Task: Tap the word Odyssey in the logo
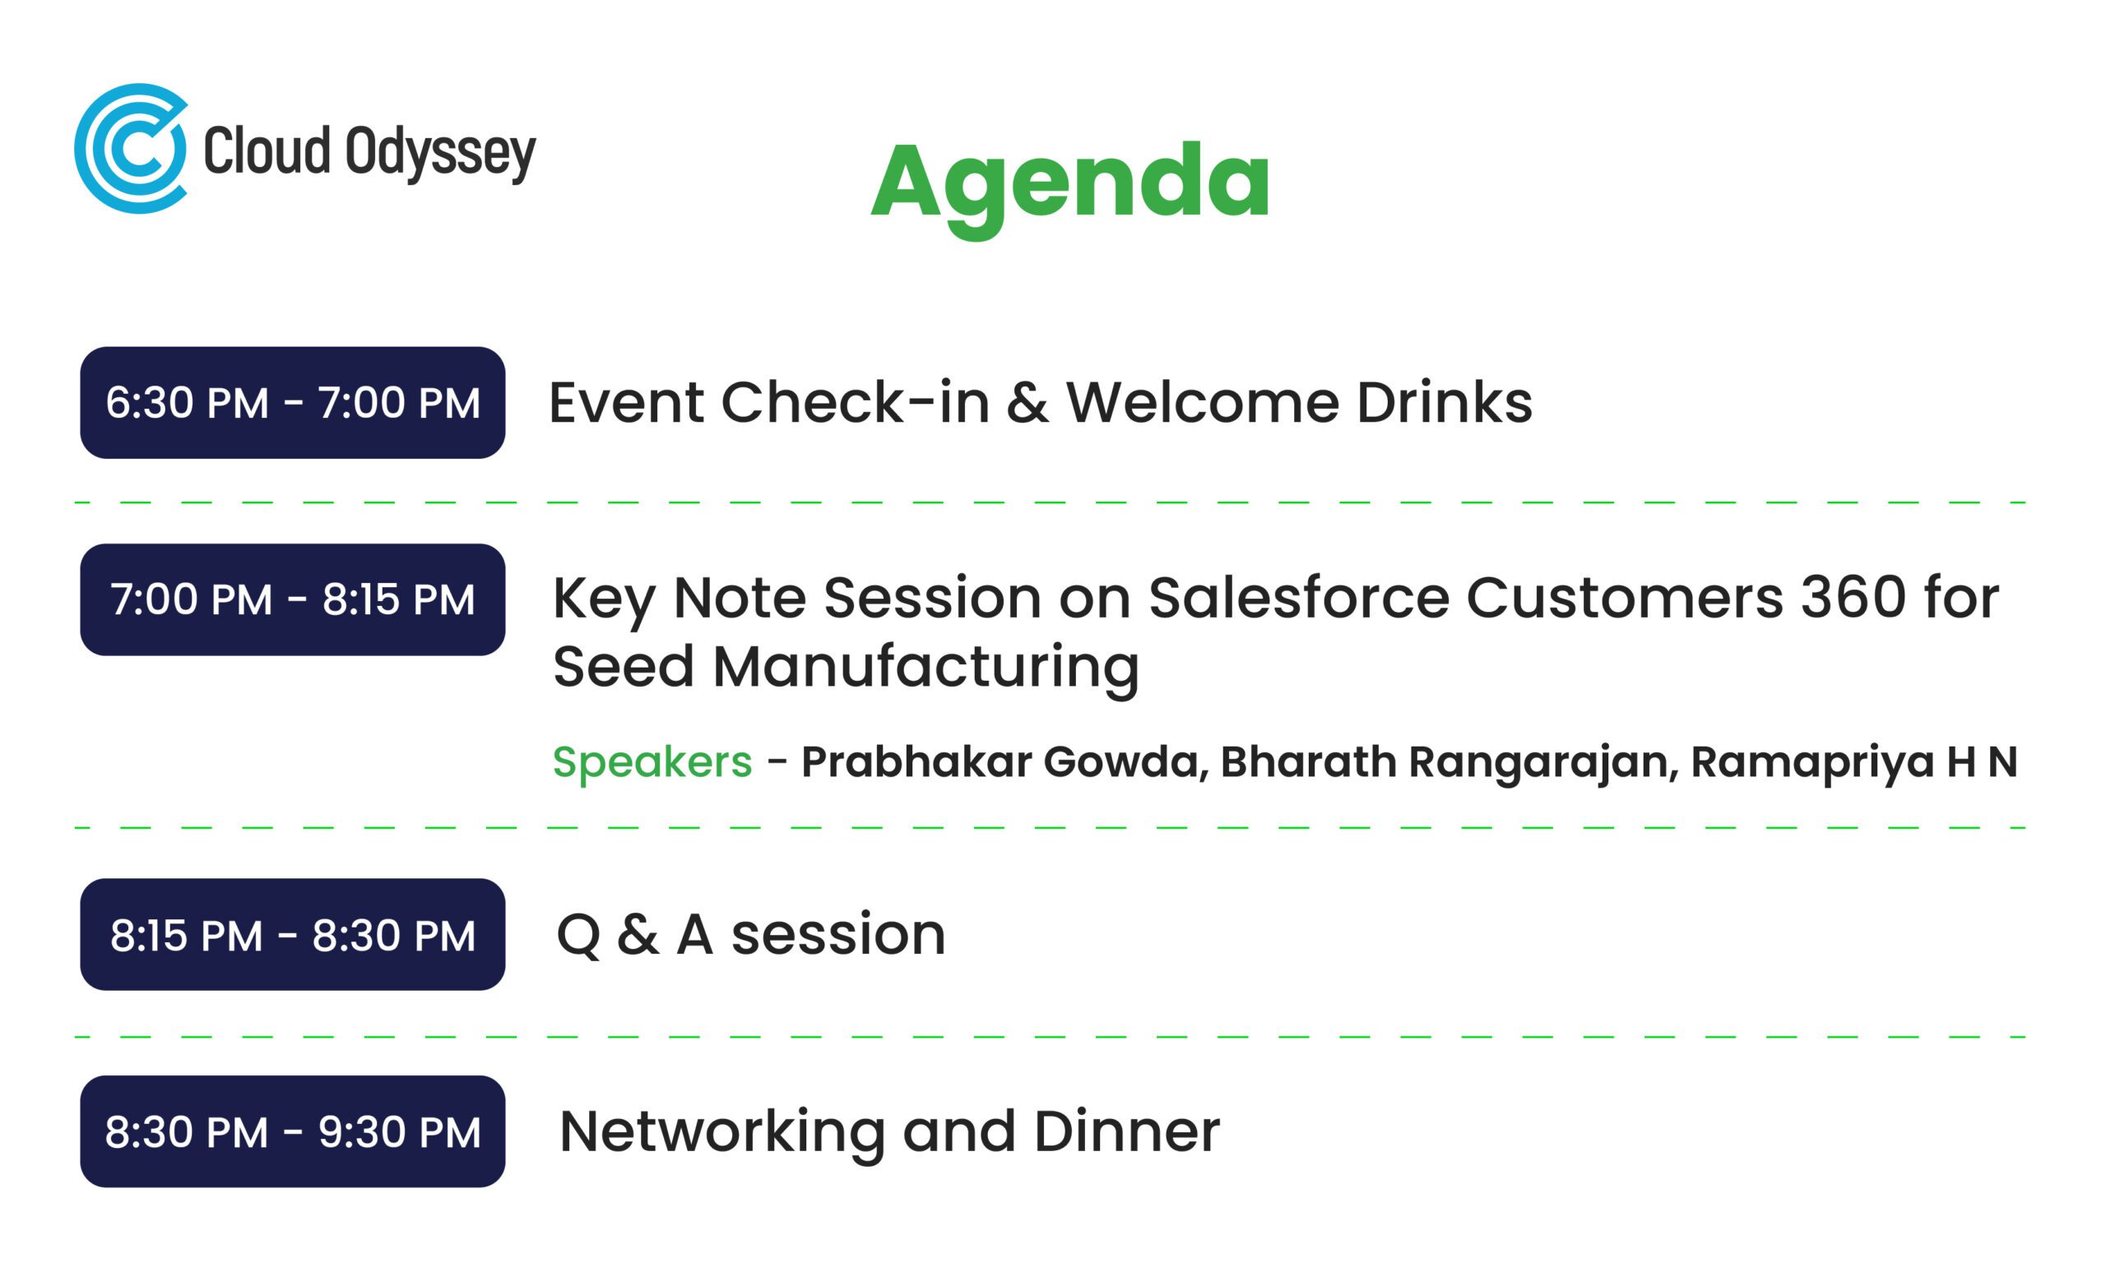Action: coord(441,154)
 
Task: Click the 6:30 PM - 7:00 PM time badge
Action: coord(292,402)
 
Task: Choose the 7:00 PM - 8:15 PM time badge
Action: coord(292,600)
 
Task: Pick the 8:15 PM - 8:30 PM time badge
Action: coord(292,935)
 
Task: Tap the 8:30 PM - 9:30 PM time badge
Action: coord(292,1131)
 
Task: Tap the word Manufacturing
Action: coord(925,668)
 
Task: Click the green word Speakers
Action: coord(652,763)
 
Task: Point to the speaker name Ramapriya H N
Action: coord(1854,763)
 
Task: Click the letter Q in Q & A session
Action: coord(578,936)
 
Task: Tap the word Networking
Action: coord(722,1133)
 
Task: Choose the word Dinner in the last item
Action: coord(1127,1131)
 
